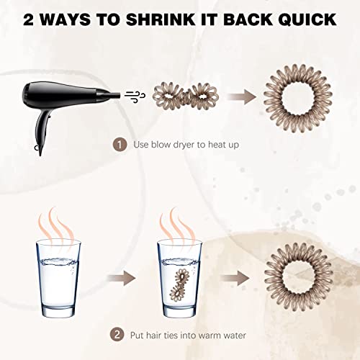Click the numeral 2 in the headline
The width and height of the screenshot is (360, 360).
[29, 19]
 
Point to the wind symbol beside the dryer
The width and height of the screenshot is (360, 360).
[135, 97]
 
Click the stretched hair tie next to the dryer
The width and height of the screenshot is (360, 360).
[186, 96]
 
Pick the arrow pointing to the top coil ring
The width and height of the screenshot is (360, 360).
[242, 97]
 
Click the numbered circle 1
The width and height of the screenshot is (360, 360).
[120, 145]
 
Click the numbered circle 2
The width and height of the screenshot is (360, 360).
[117, 335]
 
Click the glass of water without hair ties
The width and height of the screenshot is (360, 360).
[58, 279]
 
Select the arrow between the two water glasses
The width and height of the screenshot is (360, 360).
[122, 279]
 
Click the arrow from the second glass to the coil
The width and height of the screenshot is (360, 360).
[235, 279]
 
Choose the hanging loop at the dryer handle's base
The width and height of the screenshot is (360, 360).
[36, 148]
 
